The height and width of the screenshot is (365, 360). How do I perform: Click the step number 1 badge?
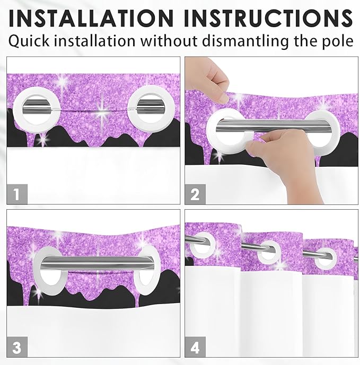click(x=17, y=194)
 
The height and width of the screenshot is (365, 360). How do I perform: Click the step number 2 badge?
click(x=195, y=194)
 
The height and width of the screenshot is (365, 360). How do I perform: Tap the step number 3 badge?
click(x=17, y=347)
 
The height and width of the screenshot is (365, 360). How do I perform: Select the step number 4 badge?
click(x=195, y=347)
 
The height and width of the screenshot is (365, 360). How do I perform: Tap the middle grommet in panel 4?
click(x=270, y=251)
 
